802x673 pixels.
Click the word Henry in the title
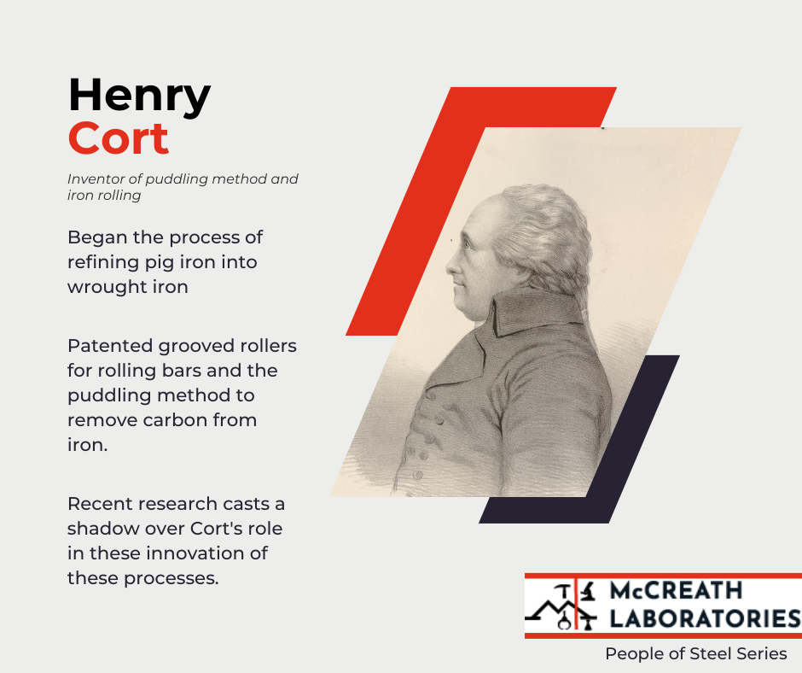point(139,97)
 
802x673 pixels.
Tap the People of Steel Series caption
point(696,653)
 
